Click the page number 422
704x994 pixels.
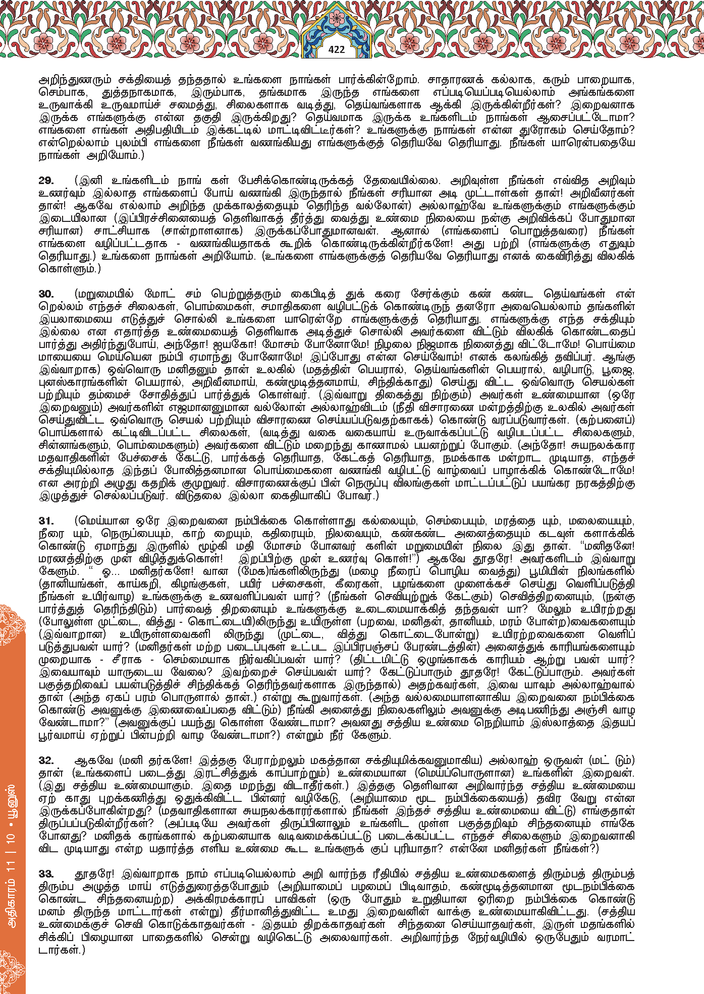(336, 49)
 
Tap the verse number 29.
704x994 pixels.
(46, 181)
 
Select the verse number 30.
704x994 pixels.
(46, 294)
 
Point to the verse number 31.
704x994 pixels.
(46, 521)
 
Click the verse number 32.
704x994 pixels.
(46, 761)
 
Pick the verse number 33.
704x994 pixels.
(46, 874)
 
